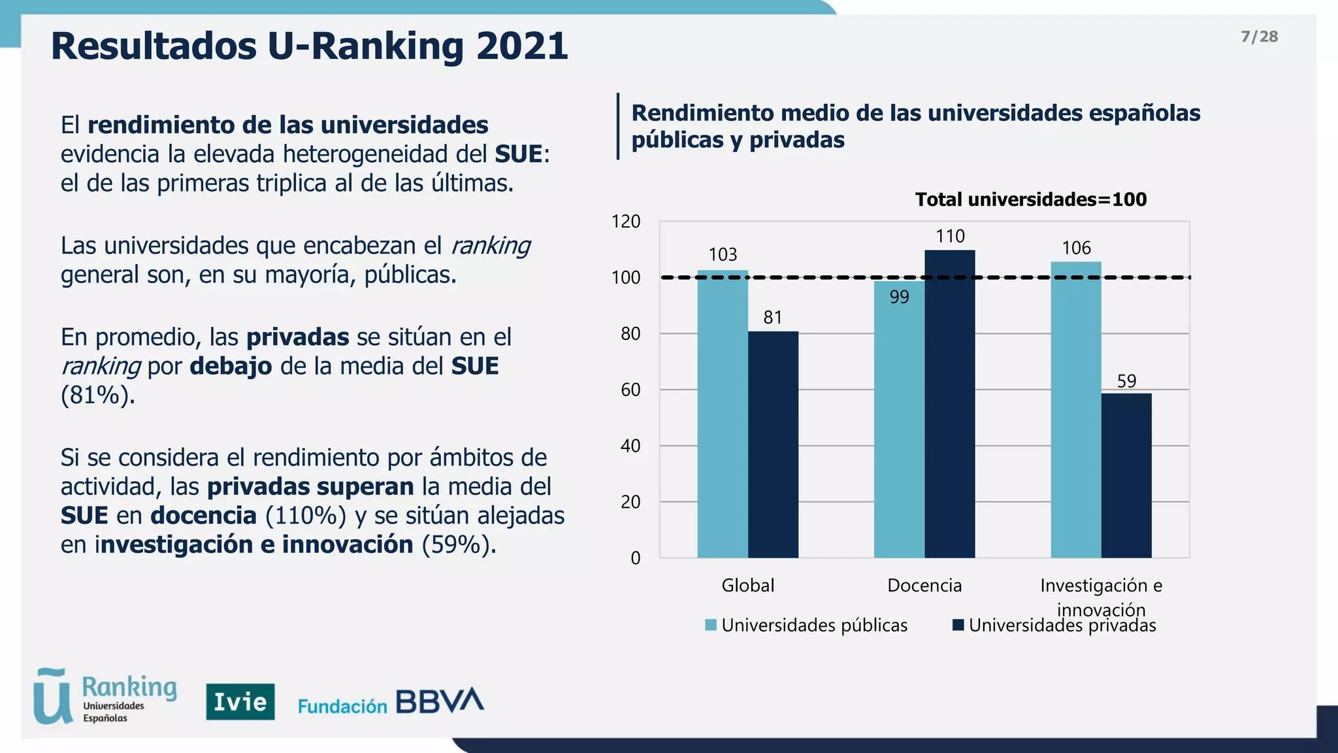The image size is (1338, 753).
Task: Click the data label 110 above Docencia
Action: [949, 236]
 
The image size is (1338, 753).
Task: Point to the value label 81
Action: [772, 318]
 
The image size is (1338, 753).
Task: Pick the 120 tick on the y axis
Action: [625, 222]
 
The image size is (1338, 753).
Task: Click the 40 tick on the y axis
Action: [630, 446]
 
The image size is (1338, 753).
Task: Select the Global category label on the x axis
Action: [747, 585]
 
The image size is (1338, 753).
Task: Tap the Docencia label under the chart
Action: [924, 585]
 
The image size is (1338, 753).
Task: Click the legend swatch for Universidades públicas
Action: [711, 625]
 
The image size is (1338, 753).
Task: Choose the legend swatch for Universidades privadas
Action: [958, 625]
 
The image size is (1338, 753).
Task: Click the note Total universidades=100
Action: [1030, 199]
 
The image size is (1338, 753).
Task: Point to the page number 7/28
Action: [1259, 37]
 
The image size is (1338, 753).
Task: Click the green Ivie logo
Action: [240, 701]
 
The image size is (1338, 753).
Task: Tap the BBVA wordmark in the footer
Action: [439, 701]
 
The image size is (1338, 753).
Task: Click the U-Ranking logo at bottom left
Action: [105, 696]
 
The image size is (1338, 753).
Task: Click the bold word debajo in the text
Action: [230, 366]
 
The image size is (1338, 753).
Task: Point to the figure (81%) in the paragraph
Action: [97, 395]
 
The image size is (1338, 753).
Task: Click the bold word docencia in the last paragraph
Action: [203, 515]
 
